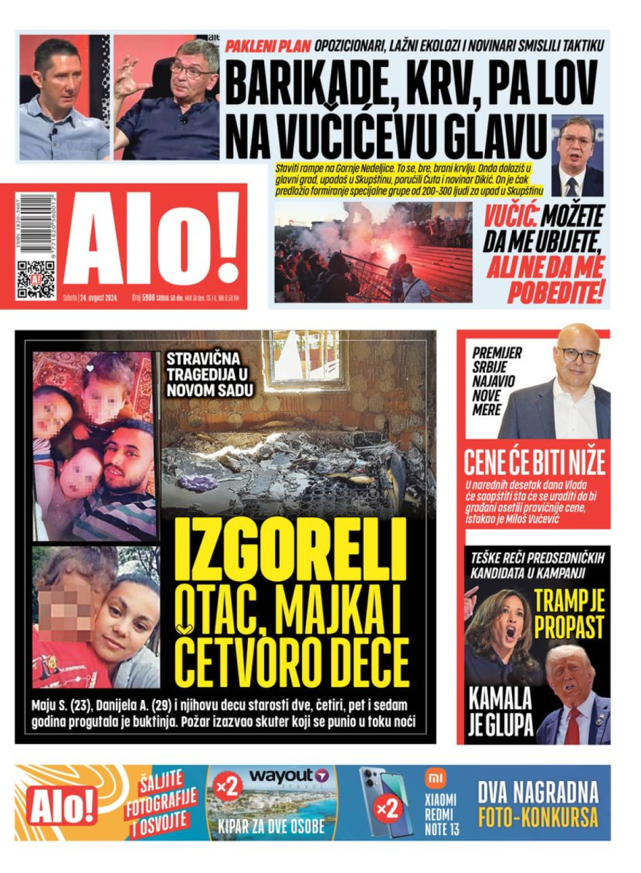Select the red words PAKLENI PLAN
[x=268, y=47]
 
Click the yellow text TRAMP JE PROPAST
[x=569, y=615]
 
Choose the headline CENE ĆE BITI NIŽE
[x=534, y=463]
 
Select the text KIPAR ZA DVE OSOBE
[x=273, y=827]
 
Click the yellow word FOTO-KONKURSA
[x=538, y=818]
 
